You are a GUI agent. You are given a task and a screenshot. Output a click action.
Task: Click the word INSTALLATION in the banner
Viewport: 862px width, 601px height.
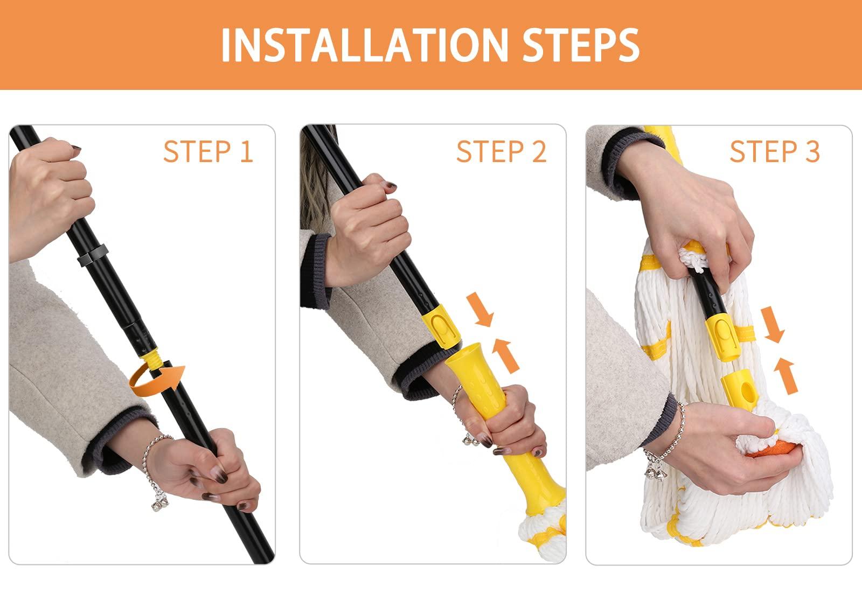pyautogui.click(x=365, y=45)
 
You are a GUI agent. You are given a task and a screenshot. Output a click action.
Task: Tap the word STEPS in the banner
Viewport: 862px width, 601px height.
pyautogui.click(x=581, y=45)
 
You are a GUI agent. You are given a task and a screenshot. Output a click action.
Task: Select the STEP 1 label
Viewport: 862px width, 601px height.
pyautogui.click(x=208, y=152)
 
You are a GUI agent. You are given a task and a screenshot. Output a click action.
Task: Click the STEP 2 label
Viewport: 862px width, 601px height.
pyautogui.click(x=502, y=152)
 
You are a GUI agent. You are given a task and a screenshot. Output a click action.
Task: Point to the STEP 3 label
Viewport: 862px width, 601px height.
pyautogui.click(x=775, y=152)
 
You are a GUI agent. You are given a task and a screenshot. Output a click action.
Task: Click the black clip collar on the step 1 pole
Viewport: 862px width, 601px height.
pyautogui.click(x=93, y=255)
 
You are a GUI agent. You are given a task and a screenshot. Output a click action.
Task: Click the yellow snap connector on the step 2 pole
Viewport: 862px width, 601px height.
pyautogui.click(x=441, y=326)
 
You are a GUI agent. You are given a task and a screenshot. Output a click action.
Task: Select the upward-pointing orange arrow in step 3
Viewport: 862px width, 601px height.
pyautogui.click(x=785, y=376)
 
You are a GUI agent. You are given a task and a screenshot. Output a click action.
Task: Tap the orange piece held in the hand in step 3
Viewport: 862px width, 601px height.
pyautogui.click(x=774, y=449)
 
